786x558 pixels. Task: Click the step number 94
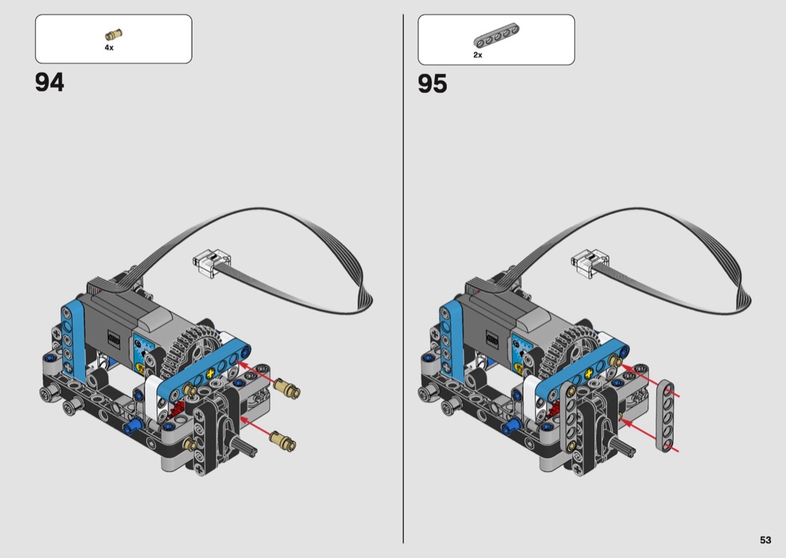[49, 82]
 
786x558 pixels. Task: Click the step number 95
[432, 84]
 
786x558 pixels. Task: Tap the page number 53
[765, 539]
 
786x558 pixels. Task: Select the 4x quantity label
[109, 48]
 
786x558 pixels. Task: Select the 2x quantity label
[478, 55]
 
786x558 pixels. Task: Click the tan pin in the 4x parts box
[114, 34]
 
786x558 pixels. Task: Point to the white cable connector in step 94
[212, 262]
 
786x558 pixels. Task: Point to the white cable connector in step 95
[590, 262]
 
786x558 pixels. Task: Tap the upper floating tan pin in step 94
[287, 387]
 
